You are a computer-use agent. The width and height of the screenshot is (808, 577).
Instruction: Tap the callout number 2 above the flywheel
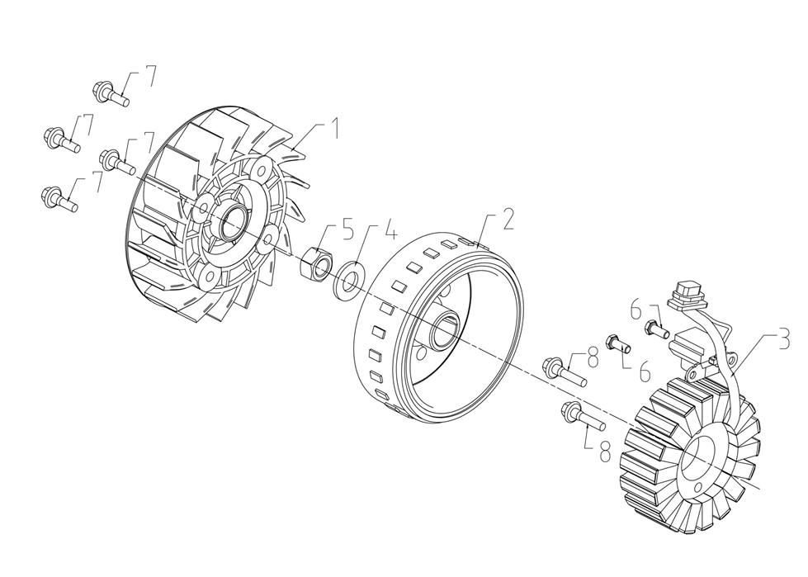tap(508, 219)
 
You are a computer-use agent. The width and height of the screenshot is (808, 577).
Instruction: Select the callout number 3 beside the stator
tap(783, 339)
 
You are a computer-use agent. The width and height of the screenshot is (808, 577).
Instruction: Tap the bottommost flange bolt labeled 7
tap(58, 198)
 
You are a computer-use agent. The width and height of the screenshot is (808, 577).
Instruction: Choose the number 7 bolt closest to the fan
tap(116, 161)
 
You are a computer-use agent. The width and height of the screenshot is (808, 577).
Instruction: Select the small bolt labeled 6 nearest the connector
tap(657, 329)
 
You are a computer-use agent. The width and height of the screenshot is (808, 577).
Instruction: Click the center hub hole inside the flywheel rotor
tap(442, 332)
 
